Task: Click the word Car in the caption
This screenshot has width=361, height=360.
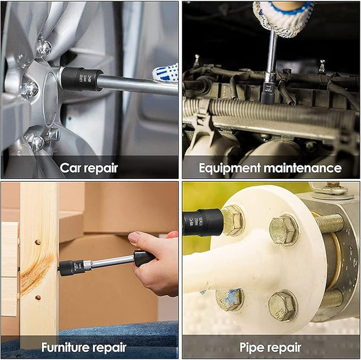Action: pyautogui.click(x=70, y=167)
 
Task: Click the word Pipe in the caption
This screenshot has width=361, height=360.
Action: pyautogui.click(x=252, y=347)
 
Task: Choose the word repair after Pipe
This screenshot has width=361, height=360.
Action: pyautogui.click(x=287, y=347)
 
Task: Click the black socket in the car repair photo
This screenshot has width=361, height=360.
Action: pyautogui.click(x=82, y=79)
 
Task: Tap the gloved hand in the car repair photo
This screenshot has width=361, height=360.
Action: pyautogui.click(x=166, y=73)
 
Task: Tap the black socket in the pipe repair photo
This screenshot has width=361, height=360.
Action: pyautogui.click(x=203, y=222)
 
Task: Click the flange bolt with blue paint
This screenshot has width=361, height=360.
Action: pyautogui.click(x=229, y=299)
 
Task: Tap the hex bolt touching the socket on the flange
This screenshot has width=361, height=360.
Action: pyautogui.click(x=232, y=220)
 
